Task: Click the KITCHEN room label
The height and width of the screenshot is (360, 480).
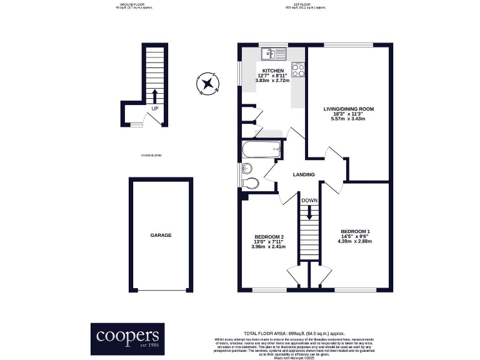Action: (x=273, y=71)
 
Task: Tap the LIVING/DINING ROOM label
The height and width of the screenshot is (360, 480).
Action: (x=348, y=109)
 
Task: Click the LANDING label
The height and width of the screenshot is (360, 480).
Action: (x=304, y=174)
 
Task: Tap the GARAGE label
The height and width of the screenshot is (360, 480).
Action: (x=161, y=235)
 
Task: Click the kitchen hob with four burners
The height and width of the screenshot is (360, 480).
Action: (x=298, y=69)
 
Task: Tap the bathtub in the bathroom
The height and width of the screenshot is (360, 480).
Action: (x=259, y=149)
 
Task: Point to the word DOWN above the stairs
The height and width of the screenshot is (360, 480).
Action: (x=309, y=201)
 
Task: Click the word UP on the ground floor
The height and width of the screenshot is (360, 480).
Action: (x=154, y=109)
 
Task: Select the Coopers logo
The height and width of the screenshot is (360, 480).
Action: (x=129, y=337)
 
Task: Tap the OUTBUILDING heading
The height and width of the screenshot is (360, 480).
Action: (x=151, y=155)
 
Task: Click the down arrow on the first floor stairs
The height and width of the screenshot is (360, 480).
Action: (x=309, y=214)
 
